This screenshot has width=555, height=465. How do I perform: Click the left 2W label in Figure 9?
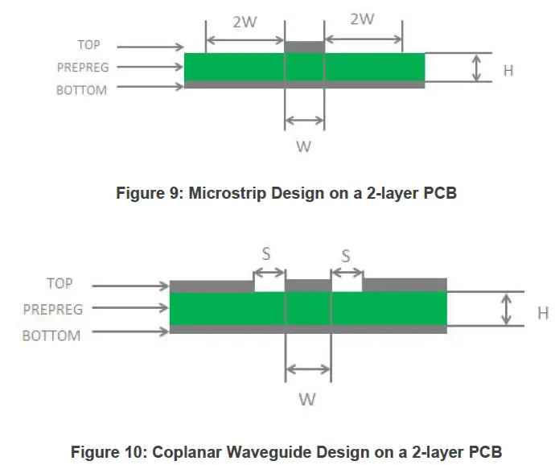[x=245, y=22]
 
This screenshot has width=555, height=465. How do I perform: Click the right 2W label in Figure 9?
[x=362, y=19]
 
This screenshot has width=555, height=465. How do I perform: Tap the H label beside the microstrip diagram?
[x=508, y=71]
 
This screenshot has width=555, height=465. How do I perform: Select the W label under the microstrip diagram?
[x=304, y=146]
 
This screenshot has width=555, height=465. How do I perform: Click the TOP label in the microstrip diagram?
[x=88, y=45]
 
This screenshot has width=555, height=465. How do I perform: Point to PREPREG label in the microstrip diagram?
[x=83, y=68]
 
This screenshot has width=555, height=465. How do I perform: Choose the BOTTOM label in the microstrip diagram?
[x=81, y=90]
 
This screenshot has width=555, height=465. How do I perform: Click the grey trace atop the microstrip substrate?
[x=304, y=47]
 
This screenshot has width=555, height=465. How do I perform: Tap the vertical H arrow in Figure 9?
[x=477, y=68]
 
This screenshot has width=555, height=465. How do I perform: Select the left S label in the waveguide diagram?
[x=266, y=254]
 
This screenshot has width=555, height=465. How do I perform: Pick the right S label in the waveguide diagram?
[x=346, y=256]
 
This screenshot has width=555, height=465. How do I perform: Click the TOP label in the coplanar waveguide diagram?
[x=60, y=283]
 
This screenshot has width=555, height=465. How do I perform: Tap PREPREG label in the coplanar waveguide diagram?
[x=53, y=310]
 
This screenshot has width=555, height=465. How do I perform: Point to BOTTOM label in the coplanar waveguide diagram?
[x=51, y=335]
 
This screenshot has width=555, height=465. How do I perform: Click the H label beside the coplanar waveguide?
[x=543, y=314]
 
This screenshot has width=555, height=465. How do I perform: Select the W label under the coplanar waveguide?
[x=307, y=400]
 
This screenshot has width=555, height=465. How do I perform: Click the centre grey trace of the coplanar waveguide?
[x=308, y=286]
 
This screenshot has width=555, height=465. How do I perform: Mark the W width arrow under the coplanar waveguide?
[x=308, y=369]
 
